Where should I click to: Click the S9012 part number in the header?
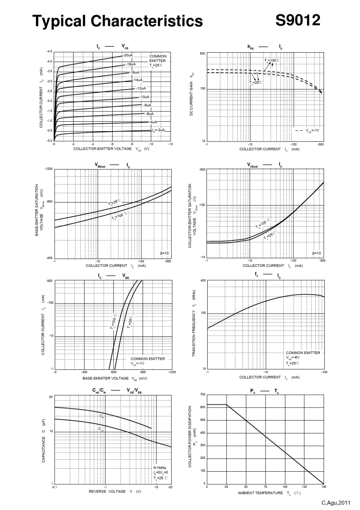tap(297, 20)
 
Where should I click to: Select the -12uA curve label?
tap(141, 88)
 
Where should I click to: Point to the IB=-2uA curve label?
tap(159, 130)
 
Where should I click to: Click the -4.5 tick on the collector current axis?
tap(50, 51)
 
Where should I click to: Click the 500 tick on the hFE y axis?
tap(202, 54)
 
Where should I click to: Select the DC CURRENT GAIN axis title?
tap(192, 95)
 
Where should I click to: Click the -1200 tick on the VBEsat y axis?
tap(49, 168)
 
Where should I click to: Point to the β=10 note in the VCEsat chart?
tap(316, 253)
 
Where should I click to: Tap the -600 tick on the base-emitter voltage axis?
tap(114, 372)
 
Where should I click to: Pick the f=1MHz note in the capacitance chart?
tap(160, 468)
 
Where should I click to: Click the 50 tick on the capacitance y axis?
tap(51, 397)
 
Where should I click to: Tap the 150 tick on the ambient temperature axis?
tap(324, 486)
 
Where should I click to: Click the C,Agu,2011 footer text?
tap(336, 503)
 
